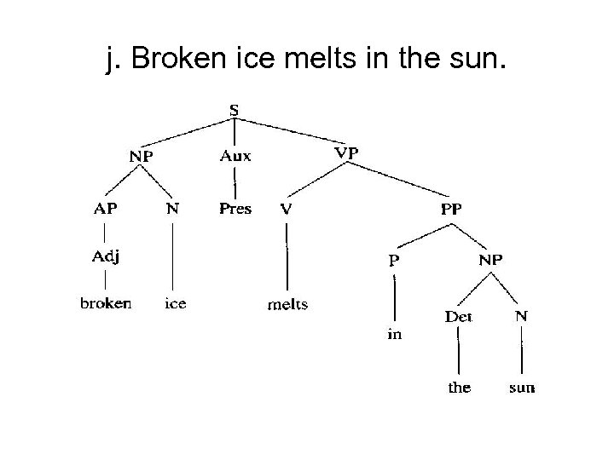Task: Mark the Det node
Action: [458, 316]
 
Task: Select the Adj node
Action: [106, 257]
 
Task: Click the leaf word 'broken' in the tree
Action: [106, 303]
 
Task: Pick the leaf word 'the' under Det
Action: [459, 388]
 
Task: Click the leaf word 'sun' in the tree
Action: [521, 388]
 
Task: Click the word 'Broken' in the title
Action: [175, 60]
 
